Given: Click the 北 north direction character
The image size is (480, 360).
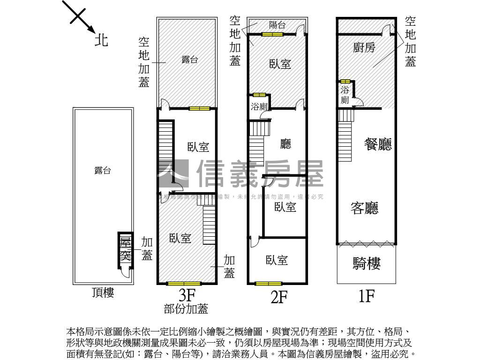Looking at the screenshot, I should [x=102, y=40].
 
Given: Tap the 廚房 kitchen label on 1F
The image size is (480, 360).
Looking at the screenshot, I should [x=364, y=47].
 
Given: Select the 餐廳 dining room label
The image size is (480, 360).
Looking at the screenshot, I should [x=378, y=144].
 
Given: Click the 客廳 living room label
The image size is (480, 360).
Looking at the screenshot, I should [x=365, y=208].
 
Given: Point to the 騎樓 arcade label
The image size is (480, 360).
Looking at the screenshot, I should [x=366, y=264].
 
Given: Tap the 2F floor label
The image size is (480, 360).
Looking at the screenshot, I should [x=278, y=297].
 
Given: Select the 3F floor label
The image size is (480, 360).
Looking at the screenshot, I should [x=186, y=295].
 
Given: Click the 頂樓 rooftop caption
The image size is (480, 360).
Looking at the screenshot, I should [x=103, y=293].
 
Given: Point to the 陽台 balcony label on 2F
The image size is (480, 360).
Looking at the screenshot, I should [x=277, y=25].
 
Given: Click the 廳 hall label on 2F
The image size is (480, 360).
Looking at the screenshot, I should [x=285, y=143].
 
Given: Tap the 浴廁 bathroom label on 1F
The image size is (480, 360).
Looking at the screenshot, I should [x=345, y=95].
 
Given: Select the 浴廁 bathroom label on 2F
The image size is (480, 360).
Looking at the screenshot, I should [x=259, y=106].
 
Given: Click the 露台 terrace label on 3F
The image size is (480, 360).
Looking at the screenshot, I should [x=189, y=60].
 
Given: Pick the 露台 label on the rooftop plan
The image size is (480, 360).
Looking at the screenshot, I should [x=102, y=171].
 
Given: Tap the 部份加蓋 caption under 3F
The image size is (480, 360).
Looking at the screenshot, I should [x=186, y=309].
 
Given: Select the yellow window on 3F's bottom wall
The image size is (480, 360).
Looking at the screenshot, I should [x=184, y=284].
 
